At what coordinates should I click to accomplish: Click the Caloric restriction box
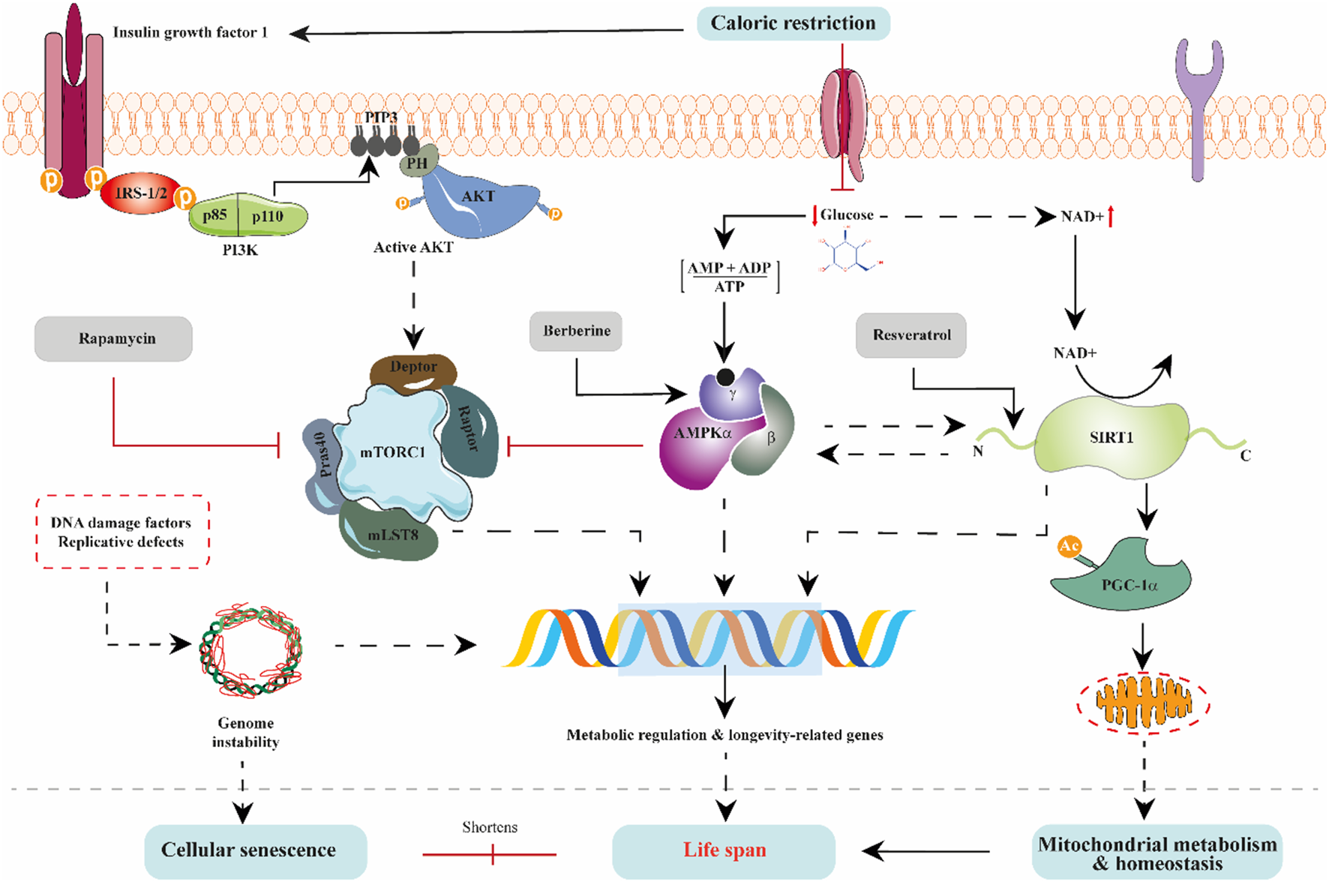[793, 23]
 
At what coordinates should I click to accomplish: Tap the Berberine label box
[576, 331]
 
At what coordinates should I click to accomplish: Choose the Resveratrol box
[910, 334]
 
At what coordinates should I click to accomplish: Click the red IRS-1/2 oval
[140, 193]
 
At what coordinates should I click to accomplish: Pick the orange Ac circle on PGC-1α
[1069, 546]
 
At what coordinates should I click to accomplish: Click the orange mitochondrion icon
[1143, 703]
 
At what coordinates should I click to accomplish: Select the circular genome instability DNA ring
[250, 649]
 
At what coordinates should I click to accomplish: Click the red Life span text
[724, 850]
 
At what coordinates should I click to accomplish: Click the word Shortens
[489, 827]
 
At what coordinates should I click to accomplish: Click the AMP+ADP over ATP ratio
[729, 277]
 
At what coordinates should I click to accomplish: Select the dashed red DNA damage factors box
[122, 532]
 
